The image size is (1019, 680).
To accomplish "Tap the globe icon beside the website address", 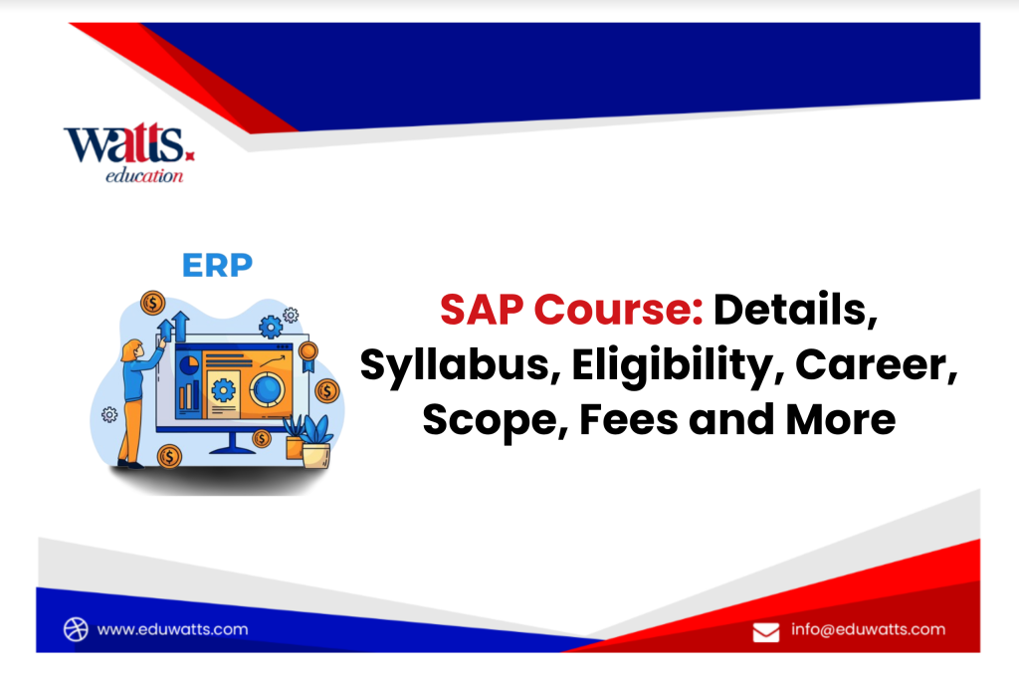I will coord(77,629).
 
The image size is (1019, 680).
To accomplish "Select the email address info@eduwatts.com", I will coord(869,629).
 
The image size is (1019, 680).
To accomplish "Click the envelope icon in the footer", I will coord(765,631).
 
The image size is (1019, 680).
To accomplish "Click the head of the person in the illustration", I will coord(131,348).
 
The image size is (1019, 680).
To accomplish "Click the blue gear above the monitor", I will coord(270,326).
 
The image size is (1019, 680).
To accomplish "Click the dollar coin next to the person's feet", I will coord(170,456).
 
